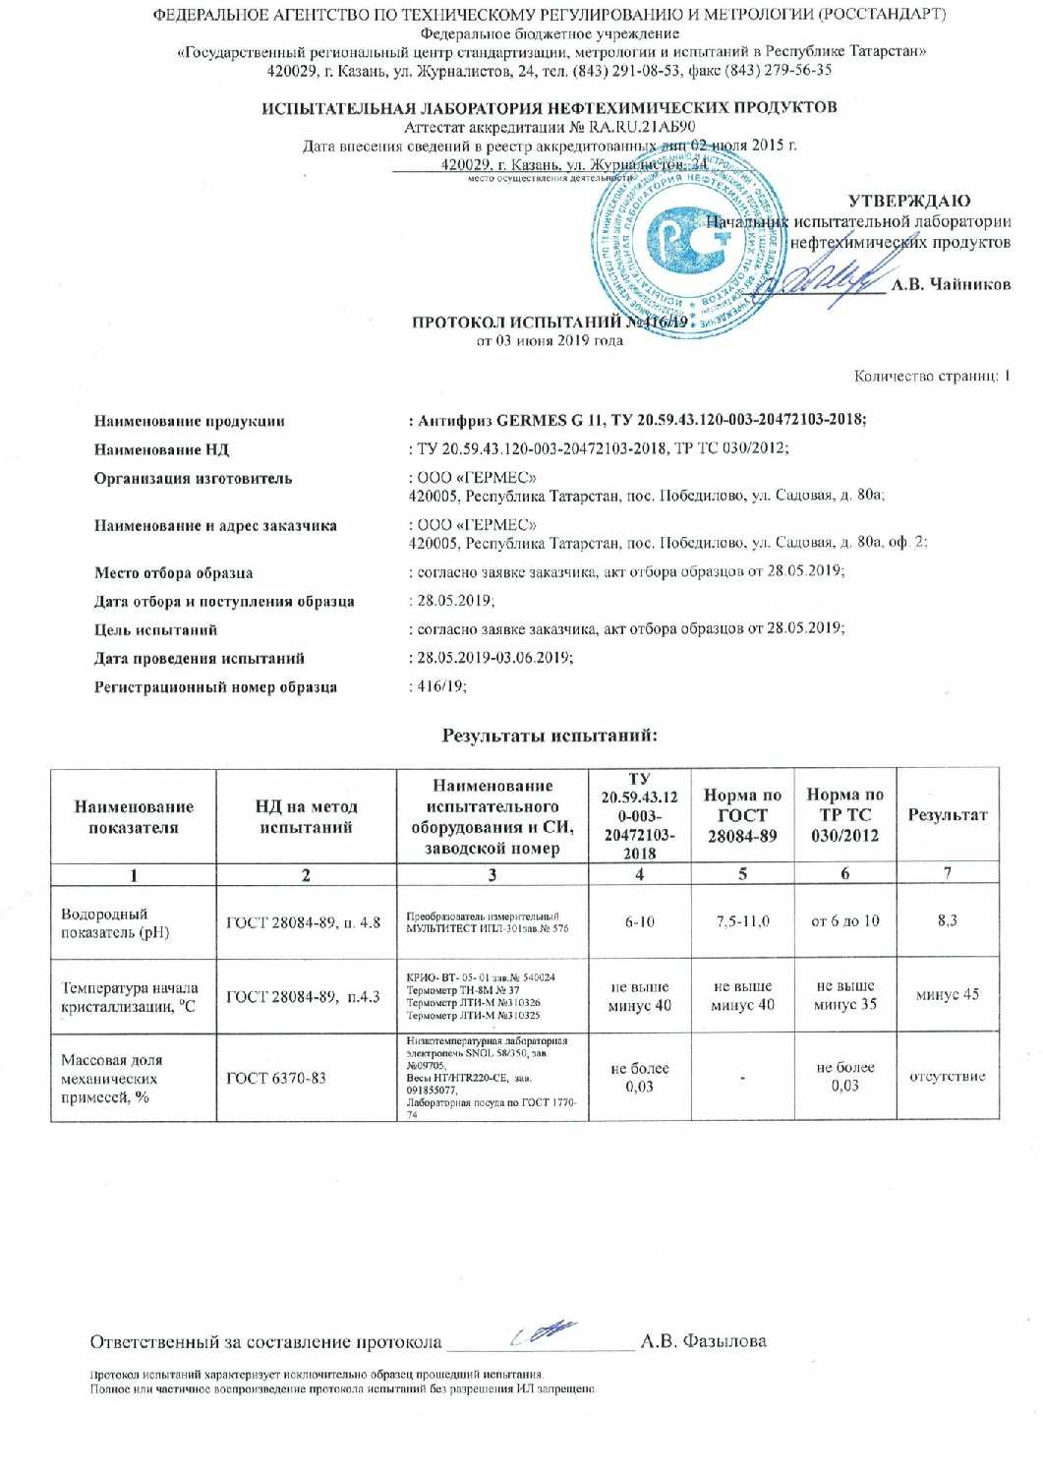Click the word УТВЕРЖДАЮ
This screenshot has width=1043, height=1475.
click(x=908, y=202)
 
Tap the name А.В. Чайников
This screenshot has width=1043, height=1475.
click(x=951, y=284)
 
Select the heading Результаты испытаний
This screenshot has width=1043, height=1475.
click(x=549, y=735)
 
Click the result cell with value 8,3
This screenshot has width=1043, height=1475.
click(x=947, y=920)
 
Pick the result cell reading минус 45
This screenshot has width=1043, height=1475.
click(x=947, y=994)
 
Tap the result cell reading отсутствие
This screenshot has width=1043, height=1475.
click(x=947, y=1076)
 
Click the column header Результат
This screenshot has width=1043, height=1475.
click(x=947, y=814)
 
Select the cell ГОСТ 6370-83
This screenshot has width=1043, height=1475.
click(x=276, y=1078)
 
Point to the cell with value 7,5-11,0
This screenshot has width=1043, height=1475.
click(x=742, y=921)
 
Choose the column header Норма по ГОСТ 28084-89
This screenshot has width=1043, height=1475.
click(x=742, y=814)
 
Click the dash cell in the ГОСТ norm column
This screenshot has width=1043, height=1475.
click(x=742, y=1079)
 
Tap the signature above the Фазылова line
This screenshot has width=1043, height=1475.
click(x=544, y=1333)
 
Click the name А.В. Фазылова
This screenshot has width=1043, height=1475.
click(x=703, y=1340)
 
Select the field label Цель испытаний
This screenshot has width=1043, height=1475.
click(x=155, y=629)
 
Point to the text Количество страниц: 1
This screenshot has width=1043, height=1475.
click(x=932, y=376)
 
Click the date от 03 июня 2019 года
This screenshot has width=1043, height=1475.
click(x=550, y=340)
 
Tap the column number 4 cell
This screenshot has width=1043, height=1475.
click(x=639, y=873)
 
